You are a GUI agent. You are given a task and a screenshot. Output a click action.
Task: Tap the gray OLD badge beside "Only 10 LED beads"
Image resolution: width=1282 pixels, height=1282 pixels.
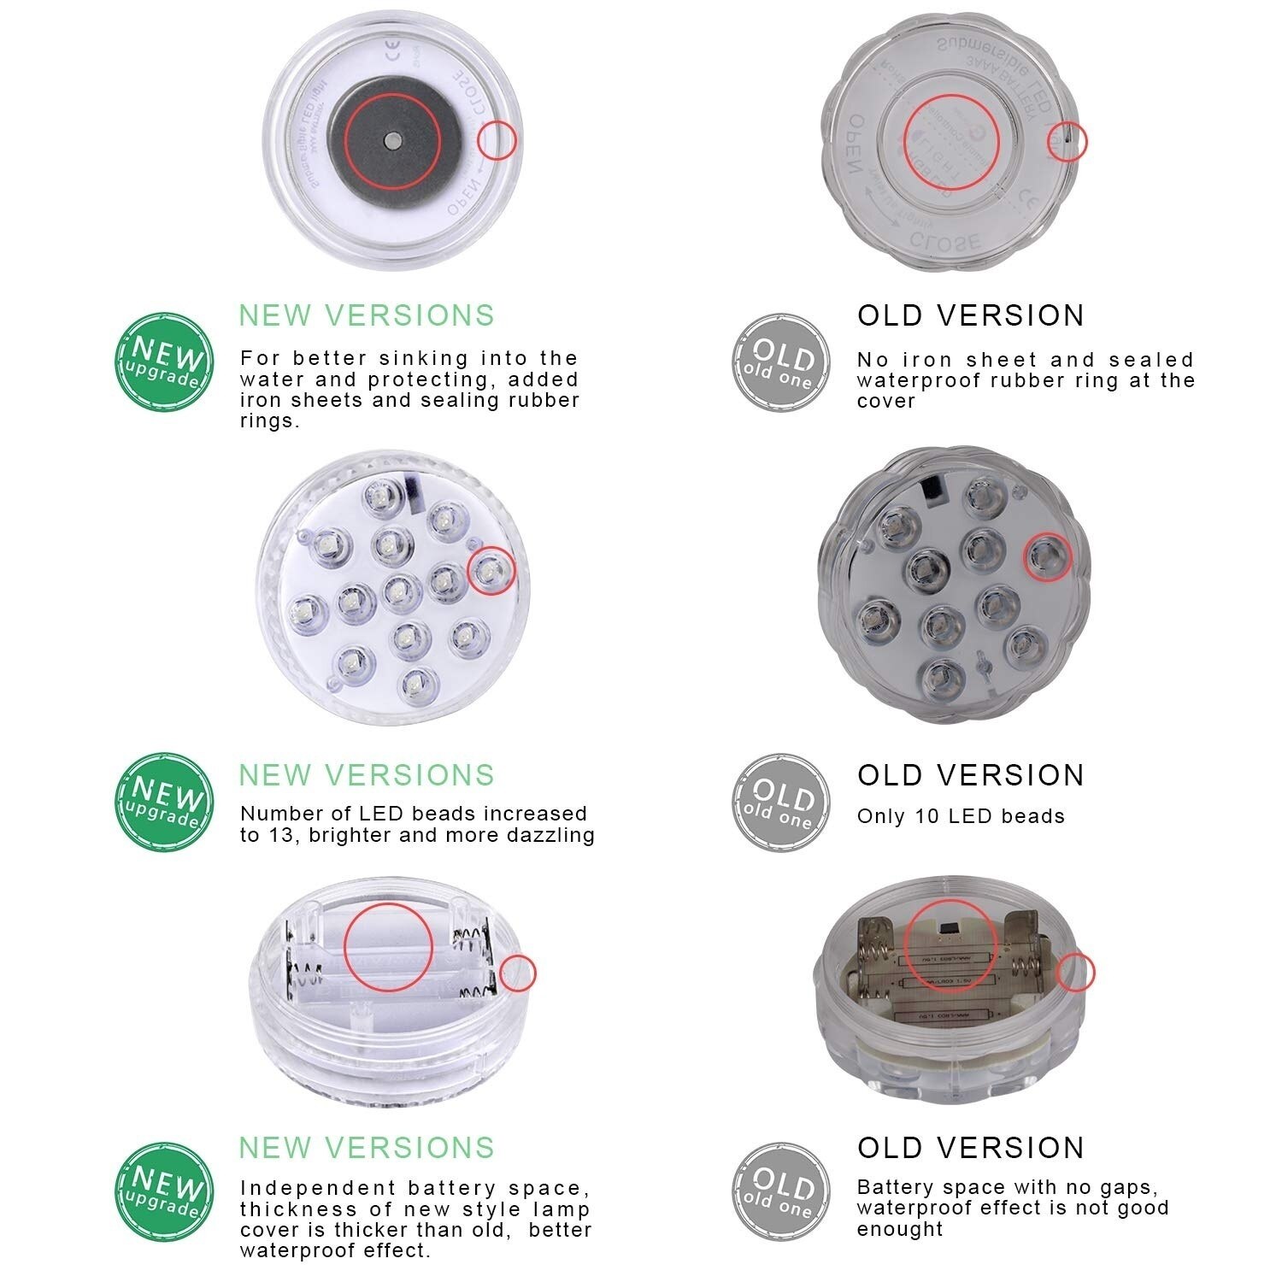[780, 802]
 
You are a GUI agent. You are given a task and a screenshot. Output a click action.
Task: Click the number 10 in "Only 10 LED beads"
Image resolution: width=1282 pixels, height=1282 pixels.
[926, 816]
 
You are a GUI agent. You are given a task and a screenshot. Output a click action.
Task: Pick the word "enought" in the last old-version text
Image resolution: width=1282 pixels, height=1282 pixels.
[900, 1229]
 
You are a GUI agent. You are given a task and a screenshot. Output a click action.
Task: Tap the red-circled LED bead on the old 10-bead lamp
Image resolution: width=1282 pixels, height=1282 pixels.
[1048, 557]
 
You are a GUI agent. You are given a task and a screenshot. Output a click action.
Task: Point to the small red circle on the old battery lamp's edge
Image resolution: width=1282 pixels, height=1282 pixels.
[1076, 973]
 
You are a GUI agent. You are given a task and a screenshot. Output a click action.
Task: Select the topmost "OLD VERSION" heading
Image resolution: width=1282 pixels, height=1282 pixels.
[970, 315]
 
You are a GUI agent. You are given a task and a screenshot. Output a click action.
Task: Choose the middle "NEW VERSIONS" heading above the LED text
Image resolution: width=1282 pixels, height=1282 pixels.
[367, 775]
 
